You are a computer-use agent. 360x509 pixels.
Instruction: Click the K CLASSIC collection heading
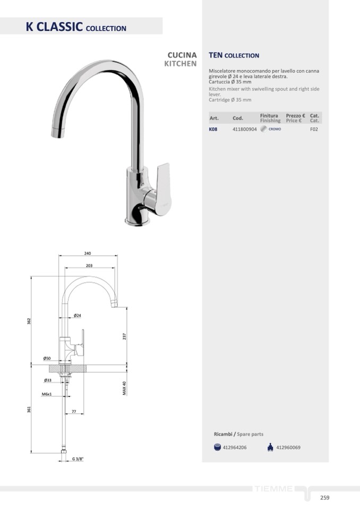[76, 27]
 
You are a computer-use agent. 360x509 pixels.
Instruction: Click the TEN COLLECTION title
[234, 56]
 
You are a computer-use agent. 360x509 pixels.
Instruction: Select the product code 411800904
[244, 129]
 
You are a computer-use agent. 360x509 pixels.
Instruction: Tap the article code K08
[213, 129]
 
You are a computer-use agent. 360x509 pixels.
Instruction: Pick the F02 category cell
[314, 129]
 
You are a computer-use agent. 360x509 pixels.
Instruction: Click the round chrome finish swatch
[263, 129]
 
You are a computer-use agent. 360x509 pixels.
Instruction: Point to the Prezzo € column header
[295, 116]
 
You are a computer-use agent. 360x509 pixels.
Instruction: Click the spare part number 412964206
[234, 447]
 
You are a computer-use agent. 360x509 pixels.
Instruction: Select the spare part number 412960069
[288, 447]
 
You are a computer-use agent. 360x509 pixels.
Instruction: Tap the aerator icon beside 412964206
[218, 447]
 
